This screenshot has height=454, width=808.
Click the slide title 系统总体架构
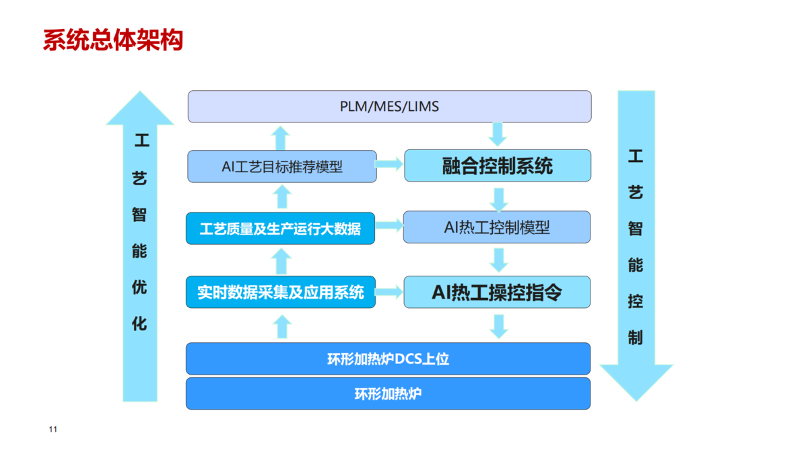tap(113, 40)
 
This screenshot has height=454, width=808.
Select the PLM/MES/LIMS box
tap(390, 106)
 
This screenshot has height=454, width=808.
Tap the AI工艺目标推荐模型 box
tap(282, 167)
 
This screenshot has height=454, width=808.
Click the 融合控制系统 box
tap(498, 165)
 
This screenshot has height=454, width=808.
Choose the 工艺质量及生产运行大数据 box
tap(280, 229)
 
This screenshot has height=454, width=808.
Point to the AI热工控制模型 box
tap(497, 227)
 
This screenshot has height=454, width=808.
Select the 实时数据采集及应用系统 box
tap(281, 292)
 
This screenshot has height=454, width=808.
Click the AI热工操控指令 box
tap(497, 292)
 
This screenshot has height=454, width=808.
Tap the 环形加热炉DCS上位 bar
tap(388, 359)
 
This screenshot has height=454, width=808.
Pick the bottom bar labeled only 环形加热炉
tap(388, 393)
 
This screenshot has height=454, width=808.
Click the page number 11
tap(53, 429)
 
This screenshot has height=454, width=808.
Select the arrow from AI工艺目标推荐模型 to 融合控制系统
tap(389, 164)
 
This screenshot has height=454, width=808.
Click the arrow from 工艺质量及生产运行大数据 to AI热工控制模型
tap(389, 225)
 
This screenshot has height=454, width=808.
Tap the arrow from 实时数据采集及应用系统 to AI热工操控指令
tap(389, 292)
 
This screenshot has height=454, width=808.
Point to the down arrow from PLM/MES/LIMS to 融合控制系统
tap(498, 135)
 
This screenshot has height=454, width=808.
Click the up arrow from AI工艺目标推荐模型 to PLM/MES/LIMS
tap(281, 138)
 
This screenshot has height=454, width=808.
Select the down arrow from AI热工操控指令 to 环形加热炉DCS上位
tap(499, 327)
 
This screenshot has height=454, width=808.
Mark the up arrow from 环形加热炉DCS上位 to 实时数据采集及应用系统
tap(282, 326)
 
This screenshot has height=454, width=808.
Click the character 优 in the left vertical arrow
tap(139, 287)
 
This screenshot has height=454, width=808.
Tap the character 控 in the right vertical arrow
tap(636, 301)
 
